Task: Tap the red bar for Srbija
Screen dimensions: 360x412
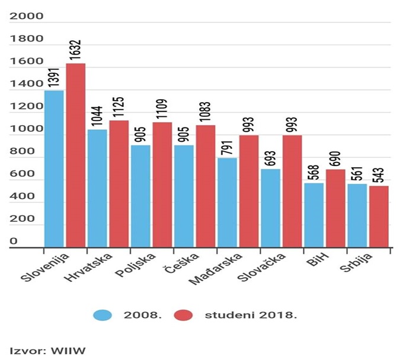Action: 379,216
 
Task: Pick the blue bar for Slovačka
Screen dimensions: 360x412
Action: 270,208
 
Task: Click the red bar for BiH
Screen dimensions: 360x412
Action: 336,208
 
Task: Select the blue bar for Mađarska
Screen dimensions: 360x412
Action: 227,202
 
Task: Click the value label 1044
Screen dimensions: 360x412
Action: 97,117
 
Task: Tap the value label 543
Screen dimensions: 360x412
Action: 379,174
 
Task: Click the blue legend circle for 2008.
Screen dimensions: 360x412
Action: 106,315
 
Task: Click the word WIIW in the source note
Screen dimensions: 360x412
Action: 71,351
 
